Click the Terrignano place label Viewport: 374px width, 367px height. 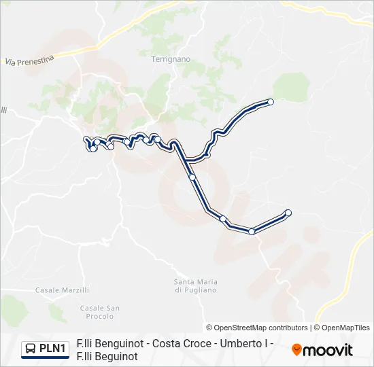click(x=170, y=59)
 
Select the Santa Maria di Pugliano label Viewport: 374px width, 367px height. click(x=195, y=285)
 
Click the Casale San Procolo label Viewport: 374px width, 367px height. click(x=100, y=312)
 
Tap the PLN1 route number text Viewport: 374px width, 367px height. click(x=53, y=349)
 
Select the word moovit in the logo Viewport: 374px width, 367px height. click(x=328, y=351)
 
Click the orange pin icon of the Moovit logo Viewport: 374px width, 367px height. click(x=296, y=350)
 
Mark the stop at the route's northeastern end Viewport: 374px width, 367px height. click(x=271, y=102)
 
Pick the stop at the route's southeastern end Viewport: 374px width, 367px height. click(x=288, y=213)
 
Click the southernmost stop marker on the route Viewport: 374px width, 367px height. click(x=252, y=231)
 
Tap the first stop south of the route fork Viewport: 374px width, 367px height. click(x=192, y=177)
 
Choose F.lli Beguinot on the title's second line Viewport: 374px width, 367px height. click(x=107, y=355)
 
